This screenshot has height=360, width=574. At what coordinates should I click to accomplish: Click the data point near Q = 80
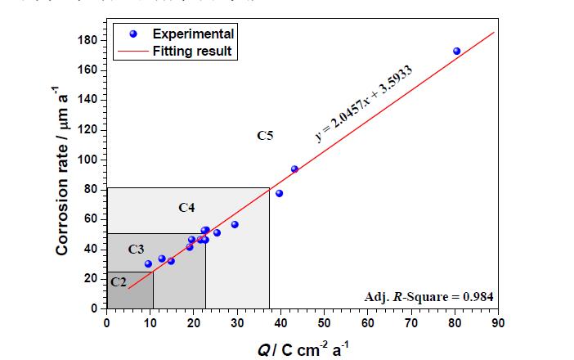click(456, 51)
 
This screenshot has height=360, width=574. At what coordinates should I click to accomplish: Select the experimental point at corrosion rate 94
click(294, 169)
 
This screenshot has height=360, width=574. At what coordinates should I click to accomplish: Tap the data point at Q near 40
click(279, 193)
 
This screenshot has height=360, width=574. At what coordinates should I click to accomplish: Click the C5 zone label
click(265, 136)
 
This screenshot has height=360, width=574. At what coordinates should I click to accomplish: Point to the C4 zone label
click(186, 208)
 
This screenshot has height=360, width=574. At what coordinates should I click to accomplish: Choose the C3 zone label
click(136, 248)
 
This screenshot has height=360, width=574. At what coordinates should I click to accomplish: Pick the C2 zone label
click(119, 281)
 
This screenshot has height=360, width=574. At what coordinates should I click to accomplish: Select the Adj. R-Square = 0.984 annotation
click(428, 296)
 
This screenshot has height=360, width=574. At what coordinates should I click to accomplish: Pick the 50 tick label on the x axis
click(324, 321)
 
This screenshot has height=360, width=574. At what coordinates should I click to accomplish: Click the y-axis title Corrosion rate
click(63, 174)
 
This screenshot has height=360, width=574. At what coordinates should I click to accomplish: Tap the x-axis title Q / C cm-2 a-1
click(302, 347)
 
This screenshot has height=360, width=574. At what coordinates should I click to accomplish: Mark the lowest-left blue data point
click(148, 263)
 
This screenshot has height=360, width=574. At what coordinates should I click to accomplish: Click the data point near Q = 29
click(235, 224)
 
